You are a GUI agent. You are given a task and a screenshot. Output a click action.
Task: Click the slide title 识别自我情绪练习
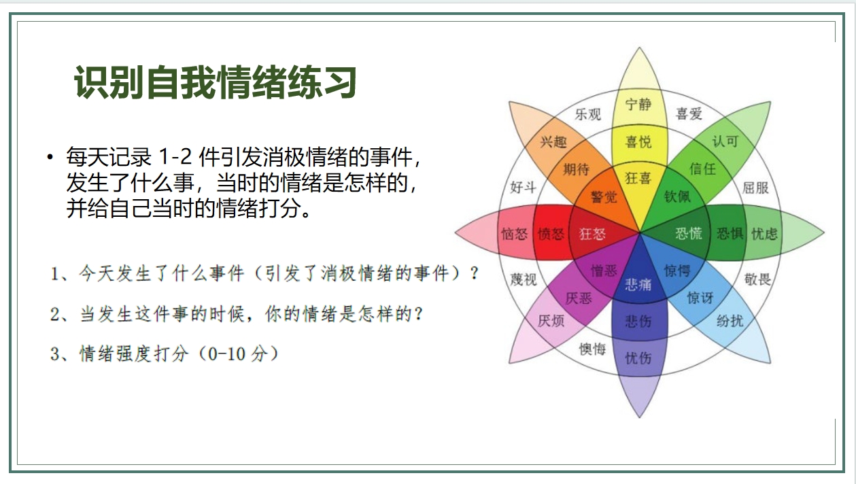(x=216, y=82)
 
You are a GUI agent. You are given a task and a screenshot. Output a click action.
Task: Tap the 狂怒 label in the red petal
(x=592, y=233)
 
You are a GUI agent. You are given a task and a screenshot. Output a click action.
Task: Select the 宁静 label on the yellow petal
(x=638, y=104)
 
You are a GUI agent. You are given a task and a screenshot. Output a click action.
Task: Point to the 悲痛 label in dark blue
(x=638, y=284)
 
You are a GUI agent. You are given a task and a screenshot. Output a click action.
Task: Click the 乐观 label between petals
(x=587, y=114)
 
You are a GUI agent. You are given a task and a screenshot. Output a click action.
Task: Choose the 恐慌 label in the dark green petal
(x=689, y=233)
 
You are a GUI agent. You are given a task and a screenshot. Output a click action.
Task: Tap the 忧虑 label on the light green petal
(x=765, y=233)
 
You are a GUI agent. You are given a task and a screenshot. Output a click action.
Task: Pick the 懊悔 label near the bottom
(x=592, y=349)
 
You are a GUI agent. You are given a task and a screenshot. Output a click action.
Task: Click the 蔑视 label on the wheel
(x=524, y=279)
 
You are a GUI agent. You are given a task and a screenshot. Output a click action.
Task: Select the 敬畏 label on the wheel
(x=757, y=279)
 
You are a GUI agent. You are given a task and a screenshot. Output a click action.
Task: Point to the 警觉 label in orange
(x=604, y=196)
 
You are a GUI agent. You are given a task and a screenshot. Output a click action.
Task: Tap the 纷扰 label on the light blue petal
(x=730, y=320)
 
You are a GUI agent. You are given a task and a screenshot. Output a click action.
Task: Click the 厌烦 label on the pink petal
(x=551, y=320)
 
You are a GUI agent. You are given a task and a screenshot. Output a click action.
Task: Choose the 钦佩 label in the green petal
(x=677, y=196)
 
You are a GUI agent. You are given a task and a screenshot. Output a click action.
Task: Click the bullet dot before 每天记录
(x=50, y=156)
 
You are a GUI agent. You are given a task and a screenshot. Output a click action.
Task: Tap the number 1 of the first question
(x=54, y=274)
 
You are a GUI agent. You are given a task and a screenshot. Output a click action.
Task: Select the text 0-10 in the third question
(x=226, y=353)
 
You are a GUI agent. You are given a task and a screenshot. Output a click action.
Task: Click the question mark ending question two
(x=418, y=314)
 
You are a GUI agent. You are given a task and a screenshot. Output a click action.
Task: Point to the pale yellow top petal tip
(x=639, y=48)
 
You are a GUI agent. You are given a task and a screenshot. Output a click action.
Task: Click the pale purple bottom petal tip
(x=639, y=417)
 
